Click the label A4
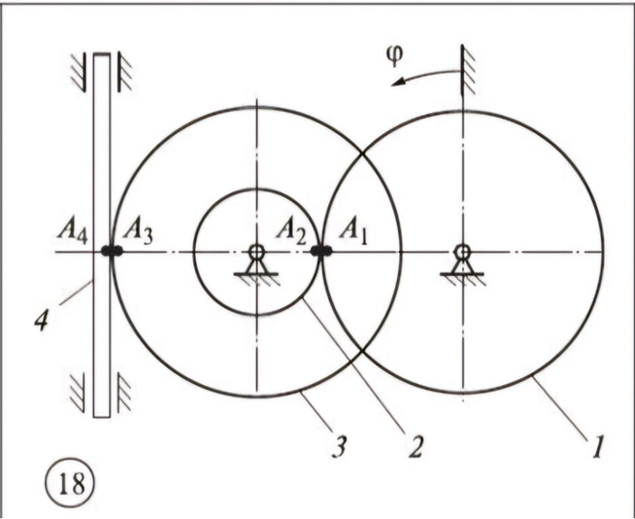[x=72, y=232]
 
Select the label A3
[x=138, y=232]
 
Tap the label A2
[x=291, y=232]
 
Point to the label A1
[x=353, y=232]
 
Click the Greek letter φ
[x=394, y=55]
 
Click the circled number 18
[x=69, y=483]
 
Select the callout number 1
[x=598, y=445]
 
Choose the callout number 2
[x=416, y=446]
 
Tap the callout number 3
[x=340, y=446]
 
